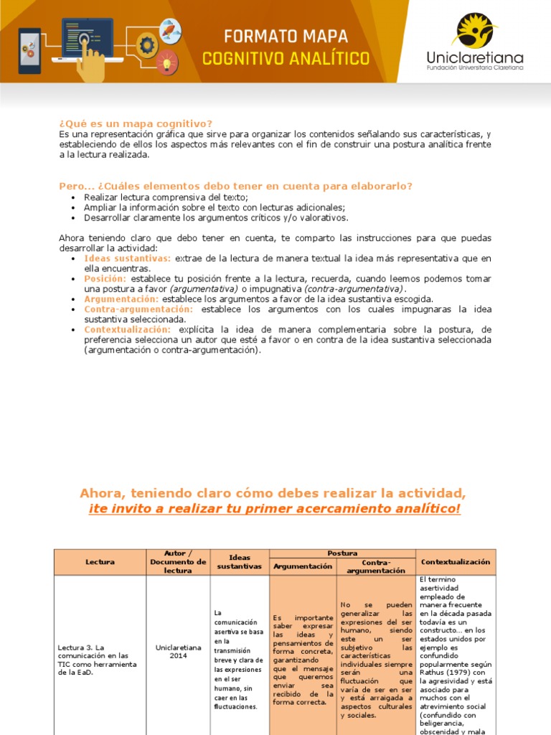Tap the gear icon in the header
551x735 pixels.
148,45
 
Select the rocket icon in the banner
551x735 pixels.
171,31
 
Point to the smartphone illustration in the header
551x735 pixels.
29,51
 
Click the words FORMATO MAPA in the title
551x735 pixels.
286,36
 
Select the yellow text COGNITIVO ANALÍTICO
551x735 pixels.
286,58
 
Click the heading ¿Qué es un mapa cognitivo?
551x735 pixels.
136,123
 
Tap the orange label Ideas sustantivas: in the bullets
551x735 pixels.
128,258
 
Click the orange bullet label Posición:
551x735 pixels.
105,278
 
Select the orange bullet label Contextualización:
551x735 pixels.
128,329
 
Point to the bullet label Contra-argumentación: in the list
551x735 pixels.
138,309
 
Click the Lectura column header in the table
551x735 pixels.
100,562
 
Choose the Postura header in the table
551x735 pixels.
342,553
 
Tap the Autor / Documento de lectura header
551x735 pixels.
178,562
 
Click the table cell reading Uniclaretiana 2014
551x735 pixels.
178,651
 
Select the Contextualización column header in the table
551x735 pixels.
456,562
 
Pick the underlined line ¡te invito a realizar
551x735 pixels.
275,509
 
